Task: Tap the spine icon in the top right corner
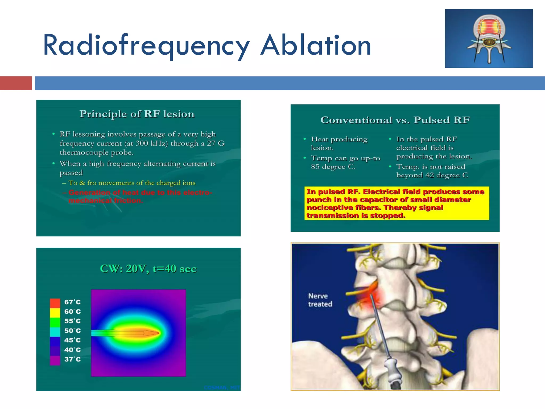(489, 38)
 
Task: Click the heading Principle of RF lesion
(137, 114)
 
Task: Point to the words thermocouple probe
(96, 153)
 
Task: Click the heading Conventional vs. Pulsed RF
(395, 120)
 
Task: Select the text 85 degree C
(333, 167)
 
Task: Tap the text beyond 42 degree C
(432, 175)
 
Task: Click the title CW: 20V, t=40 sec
(148, 268)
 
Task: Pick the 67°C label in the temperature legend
(72, 302)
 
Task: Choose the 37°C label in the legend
(72, 359)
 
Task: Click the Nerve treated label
(320, 300)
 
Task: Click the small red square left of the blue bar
(16, 83)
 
